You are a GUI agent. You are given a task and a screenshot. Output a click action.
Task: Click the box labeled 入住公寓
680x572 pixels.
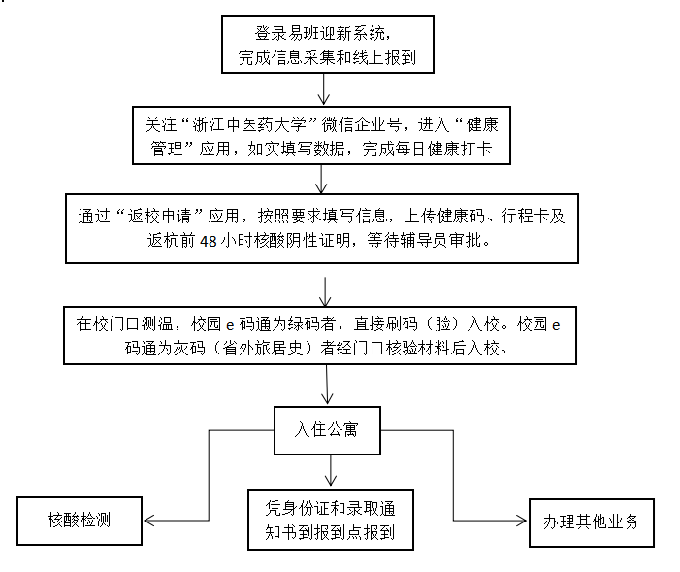pos(326,426)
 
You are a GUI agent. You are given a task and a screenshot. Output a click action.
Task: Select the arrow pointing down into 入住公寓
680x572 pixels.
pos(327,391)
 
